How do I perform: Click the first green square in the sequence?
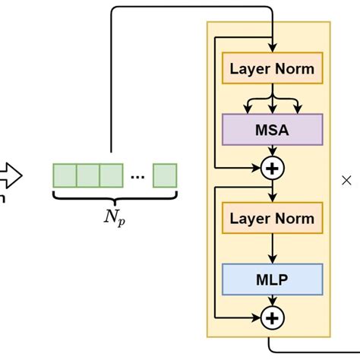coord(64,175)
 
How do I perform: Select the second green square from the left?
coord(87,175)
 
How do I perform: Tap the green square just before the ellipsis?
coord(111,175)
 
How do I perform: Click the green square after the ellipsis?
coord(165,175)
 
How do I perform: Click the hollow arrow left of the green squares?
coord(11,175)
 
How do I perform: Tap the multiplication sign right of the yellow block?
coord(346,181)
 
